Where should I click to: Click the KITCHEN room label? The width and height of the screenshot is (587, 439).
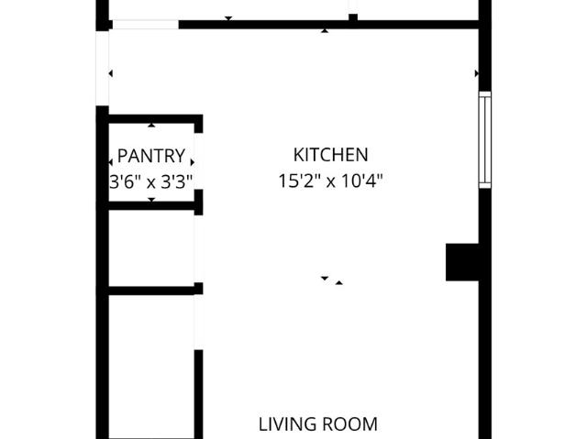[x=330, y=155]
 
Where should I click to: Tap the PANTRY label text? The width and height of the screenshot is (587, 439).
[x=151, y=156]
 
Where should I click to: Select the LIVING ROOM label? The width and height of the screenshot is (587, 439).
[x=318, y=424]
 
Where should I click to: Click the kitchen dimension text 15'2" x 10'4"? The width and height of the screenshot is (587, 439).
[x=330, y=181]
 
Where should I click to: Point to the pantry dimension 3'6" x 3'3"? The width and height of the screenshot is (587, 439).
[x=151, y=182]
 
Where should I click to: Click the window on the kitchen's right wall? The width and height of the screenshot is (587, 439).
[x=485, y=140]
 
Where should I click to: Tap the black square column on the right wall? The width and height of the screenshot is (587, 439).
[x=462, y=262]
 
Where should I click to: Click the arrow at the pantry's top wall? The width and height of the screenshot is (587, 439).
[x=151, y=126]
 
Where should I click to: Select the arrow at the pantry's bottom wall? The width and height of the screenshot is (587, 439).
[x=151, y=200]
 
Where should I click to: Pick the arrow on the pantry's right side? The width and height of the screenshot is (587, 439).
[x=193, y=162]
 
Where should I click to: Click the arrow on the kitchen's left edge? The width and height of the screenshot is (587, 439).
[x=110, y=73]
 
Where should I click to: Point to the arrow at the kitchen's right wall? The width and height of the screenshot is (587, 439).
[x=477, y=73]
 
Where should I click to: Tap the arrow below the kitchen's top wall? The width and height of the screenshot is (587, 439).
[x=325, y=31]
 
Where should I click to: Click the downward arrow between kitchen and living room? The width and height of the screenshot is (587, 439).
[x=325, y=279]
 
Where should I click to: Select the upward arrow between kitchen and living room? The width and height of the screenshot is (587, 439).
[x=338, y=282]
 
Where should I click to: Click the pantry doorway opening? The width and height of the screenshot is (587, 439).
[x=199, y=161]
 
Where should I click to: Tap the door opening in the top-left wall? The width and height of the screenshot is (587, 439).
[x=145, y=25]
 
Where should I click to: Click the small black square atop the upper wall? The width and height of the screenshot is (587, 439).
[x=353, y=17]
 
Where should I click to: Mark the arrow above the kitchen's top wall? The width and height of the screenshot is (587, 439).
[x=228, y=18]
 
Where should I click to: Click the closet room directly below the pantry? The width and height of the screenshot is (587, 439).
[x=151, y=248]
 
